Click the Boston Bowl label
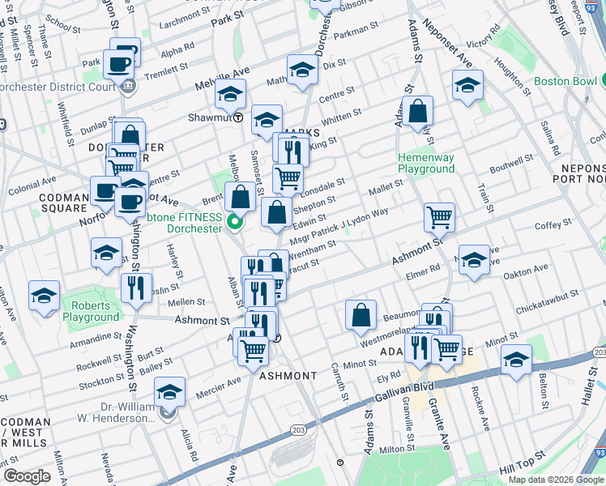click(565, 82)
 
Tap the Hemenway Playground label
click(425, 163)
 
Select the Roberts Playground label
click(95, 311)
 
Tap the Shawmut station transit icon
click(238, 117)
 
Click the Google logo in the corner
click(26, 476)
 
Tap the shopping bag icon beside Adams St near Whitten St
click(417, 113)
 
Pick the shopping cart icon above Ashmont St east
click(439, 216)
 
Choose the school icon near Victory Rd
click(467, 86)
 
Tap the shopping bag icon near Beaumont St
click(361, 315)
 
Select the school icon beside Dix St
click(302, 70)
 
